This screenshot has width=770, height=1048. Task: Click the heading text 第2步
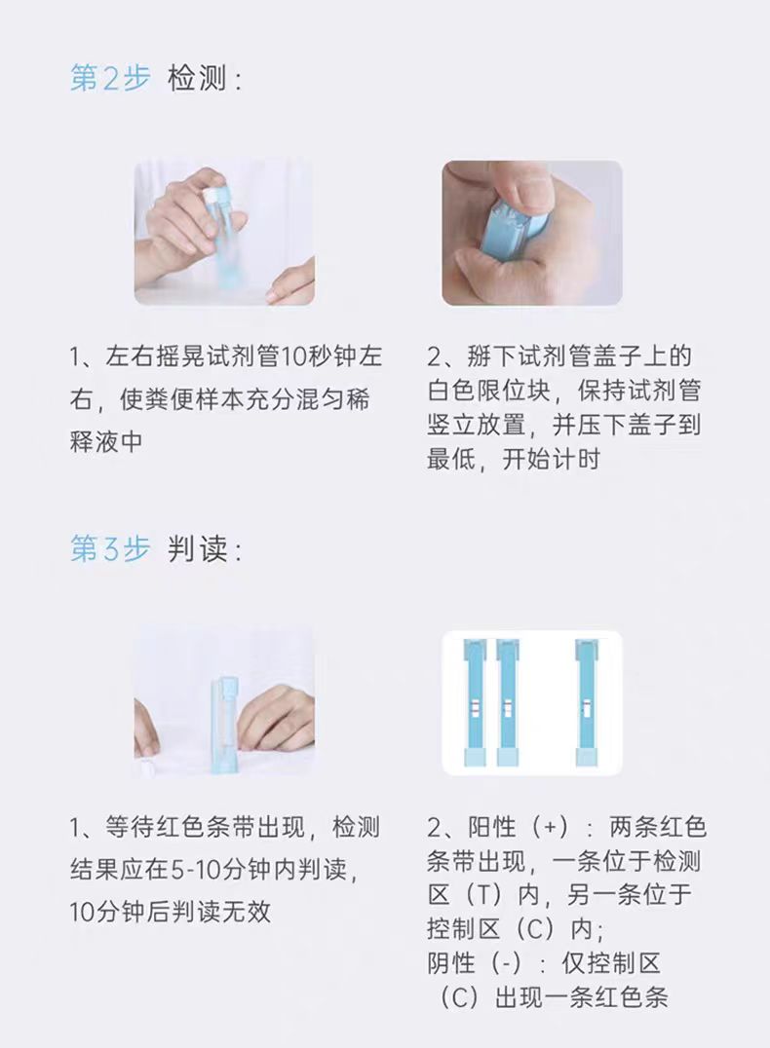pyautogui.click(x=110, y=78)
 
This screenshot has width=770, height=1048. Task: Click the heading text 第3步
pyautogui.click(x=110, y=548)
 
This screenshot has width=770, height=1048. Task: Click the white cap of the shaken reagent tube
pyautogui.click(x=213, y=195)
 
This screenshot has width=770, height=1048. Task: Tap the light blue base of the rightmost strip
pyautogui.click(x=587, y=757)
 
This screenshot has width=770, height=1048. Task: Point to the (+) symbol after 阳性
pyautogui.click(x=551, y=828)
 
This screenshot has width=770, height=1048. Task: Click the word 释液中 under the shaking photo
pyautogui.click(x=106, y=441)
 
